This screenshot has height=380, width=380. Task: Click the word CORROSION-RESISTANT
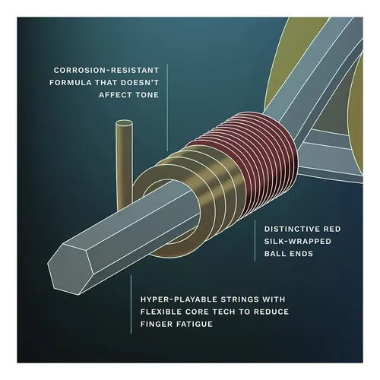pyautogui.click(x=106, y=70)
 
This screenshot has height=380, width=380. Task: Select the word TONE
pyautogui.click(x=147, y=95)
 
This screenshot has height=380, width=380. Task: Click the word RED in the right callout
pyautogui.click(x=332, y=229)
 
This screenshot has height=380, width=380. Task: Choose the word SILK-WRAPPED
pyautogui.click(x=298, y=241)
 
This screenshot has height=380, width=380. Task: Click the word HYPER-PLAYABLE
pyautogui.click(x=179, y=299)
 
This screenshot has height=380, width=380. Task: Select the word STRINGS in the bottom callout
pyautogui.click(x=239, y=299)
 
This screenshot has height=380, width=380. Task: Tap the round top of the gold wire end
pyautogui.click(x=124, y=124)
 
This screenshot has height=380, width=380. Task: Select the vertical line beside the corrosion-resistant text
pyautogui.click(x=167, y=107)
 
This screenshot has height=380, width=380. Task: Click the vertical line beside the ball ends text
pyautogui.click(x=255, y=241)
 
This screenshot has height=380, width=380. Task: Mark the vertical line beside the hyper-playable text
pyautogui.click(x=131, y=305)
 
